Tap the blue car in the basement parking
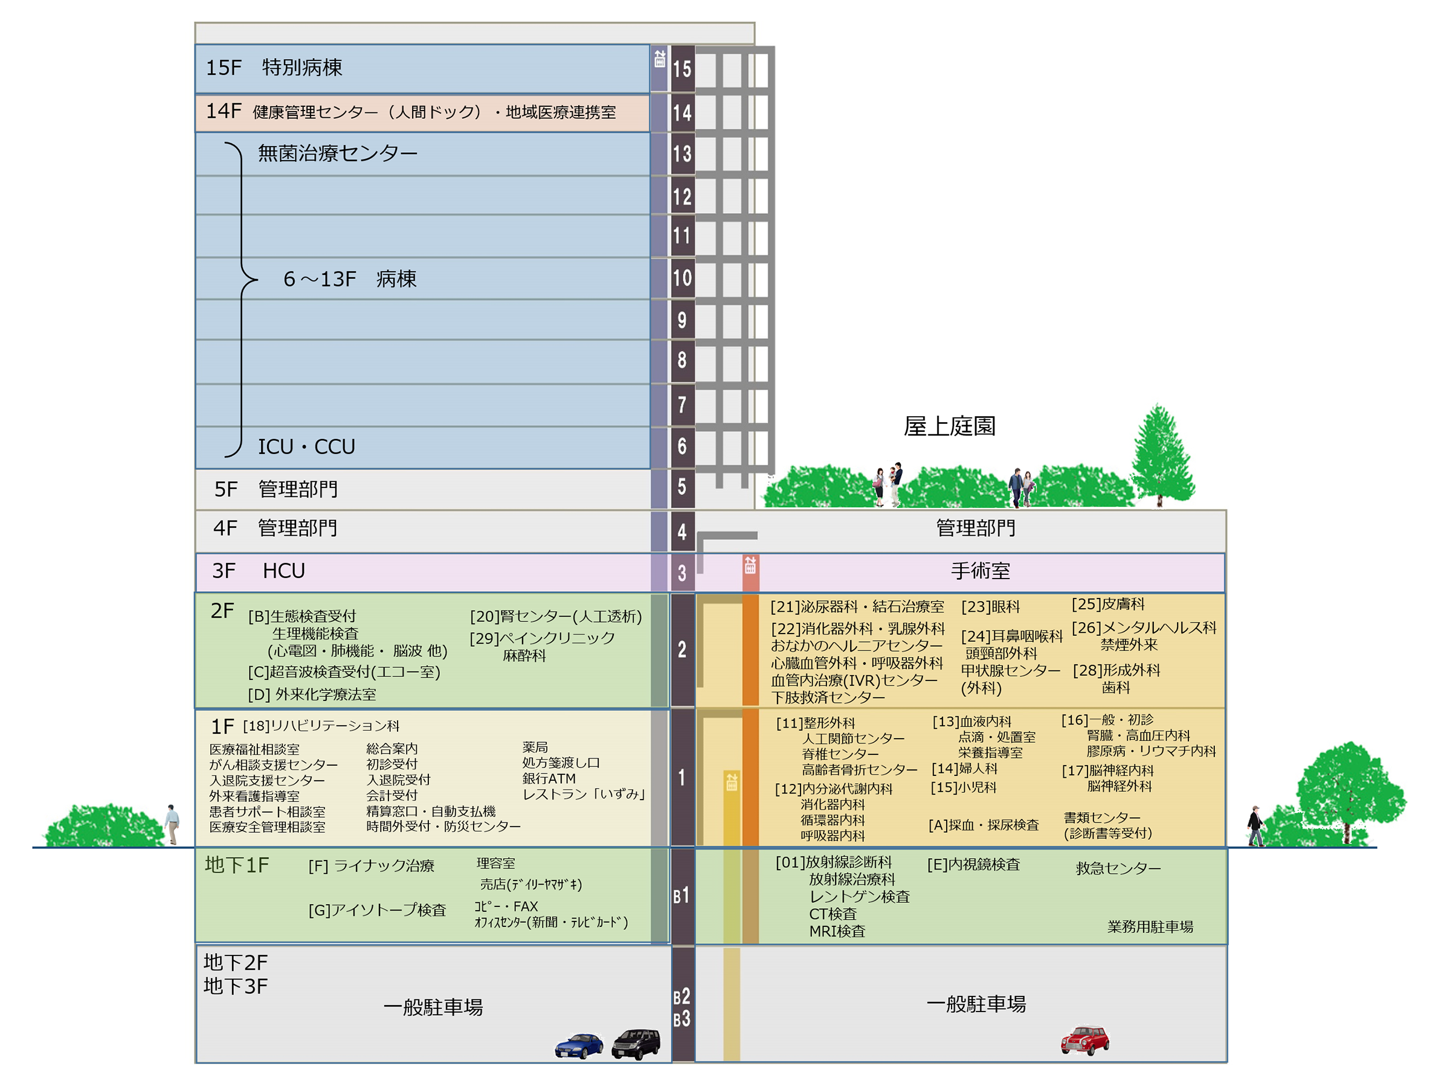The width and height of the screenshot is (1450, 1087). coord(579,1046)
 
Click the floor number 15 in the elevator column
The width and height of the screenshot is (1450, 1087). coord(681,69)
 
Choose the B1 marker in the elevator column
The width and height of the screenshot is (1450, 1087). coord(681,896)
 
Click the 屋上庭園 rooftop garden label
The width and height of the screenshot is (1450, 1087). coord(949,426)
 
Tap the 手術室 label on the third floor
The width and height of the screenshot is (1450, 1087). coord(981,571)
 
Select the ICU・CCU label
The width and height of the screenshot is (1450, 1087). coord(306,447)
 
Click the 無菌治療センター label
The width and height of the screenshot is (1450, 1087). coord(338,153)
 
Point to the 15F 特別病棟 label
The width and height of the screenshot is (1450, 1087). coord(274,68)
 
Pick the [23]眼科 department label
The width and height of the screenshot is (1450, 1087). coord(990,608)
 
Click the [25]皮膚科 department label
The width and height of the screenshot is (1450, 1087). coord(1108,604)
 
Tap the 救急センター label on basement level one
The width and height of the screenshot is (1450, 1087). coord(1118,868)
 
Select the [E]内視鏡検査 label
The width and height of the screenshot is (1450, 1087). coord(973,865)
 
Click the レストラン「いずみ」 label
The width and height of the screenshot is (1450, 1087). coord(584,794)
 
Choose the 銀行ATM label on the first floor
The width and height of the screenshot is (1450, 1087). coord(549,778)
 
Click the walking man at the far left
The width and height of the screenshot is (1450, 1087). coord(172,824)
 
